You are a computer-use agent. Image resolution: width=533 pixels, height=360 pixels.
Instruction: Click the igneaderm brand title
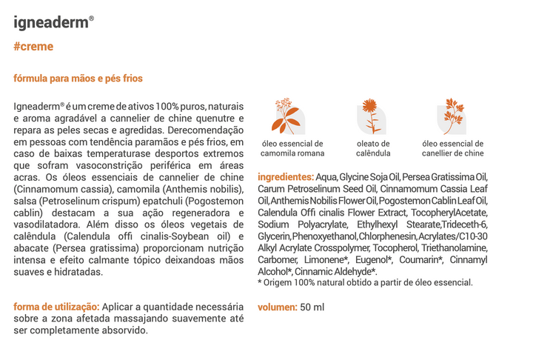(x=53, y=21)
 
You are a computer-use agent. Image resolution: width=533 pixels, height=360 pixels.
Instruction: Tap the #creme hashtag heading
(x=33, y=47)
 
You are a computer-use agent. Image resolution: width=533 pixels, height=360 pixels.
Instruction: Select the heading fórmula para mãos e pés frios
(x=78, y=78)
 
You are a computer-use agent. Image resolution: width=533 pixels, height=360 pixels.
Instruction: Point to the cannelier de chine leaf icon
(x=452, y=116)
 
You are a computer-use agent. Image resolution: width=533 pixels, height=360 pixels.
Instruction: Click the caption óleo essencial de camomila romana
(x=292, y=148)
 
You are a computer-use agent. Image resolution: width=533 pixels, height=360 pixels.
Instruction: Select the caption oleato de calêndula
(x=373, y=148)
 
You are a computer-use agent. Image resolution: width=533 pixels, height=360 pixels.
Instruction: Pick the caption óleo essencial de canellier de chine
(x=452, y=148)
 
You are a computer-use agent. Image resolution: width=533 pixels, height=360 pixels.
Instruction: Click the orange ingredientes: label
(x=286, y=177)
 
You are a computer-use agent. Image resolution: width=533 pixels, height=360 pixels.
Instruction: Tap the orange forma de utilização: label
(x=56, y=307)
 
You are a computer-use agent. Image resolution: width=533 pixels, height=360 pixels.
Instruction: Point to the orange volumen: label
(x=277, y=307)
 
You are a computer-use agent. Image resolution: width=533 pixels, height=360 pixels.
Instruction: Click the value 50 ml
(x=312, y=307)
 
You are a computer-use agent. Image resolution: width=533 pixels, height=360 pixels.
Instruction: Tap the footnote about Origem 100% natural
(x=365, y=282)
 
